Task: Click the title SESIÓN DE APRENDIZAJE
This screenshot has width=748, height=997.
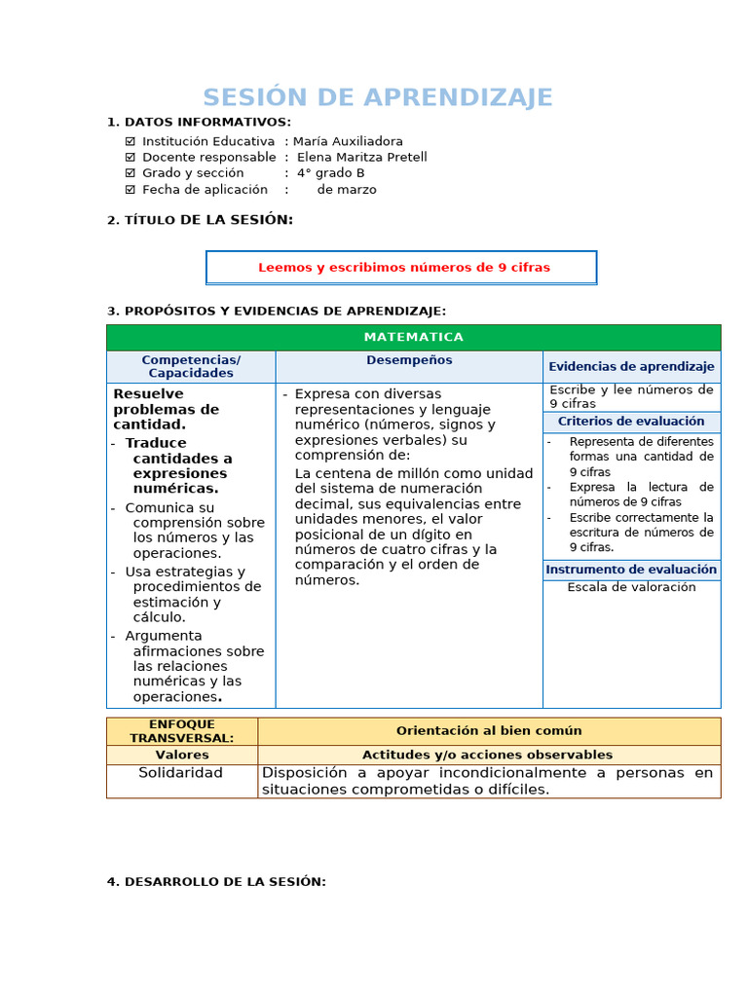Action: tap(377, 97)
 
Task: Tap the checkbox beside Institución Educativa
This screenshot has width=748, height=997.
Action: tap(131, 141)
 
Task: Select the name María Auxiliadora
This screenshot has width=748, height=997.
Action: tap(348, 141)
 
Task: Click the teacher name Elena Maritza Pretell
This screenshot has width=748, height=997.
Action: tap(361, 157)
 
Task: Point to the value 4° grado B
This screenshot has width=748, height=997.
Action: tap(331, 173)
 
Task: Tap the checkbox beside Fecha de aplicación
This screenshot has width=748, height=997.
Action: tap(131, 190)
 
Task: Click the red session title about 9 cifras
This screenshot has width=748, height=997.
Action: tap(403, 267)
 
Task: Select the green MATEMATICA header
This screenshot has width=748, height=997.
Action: tap(413, 337)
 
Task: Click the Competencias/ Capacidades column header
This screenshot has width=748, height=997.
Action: tap(191, 366)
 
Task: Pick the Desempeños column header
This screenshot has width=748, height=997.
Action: tap(409, 360)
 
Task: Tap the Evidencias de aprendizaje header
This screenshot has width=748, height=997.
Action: tap(631, 366)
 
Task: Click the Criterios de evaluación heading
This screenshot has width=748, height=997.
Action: tap(631, 422)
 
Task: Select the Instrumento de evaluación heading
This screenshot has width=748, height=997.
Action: tap(631, 570)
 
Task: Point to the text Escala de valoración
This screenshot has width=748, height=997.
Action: tap(631, 587)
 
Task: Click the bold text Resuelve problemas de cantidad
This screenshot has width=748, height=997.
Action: tap(166, 409)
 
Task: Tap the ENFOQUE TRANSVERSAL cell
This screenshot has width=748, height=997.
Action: tap(182, 731)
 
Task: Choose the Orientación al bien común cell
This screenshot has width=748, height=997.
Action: tap(489, 731)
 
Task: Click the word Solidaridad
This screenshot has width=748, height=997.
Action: tap(181, 773)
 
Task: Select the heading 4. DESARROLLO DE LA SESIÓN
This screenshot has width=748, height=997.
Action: tap(216, 881)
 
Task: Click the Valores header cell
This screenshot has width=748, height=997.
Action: tap(182, 755)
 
